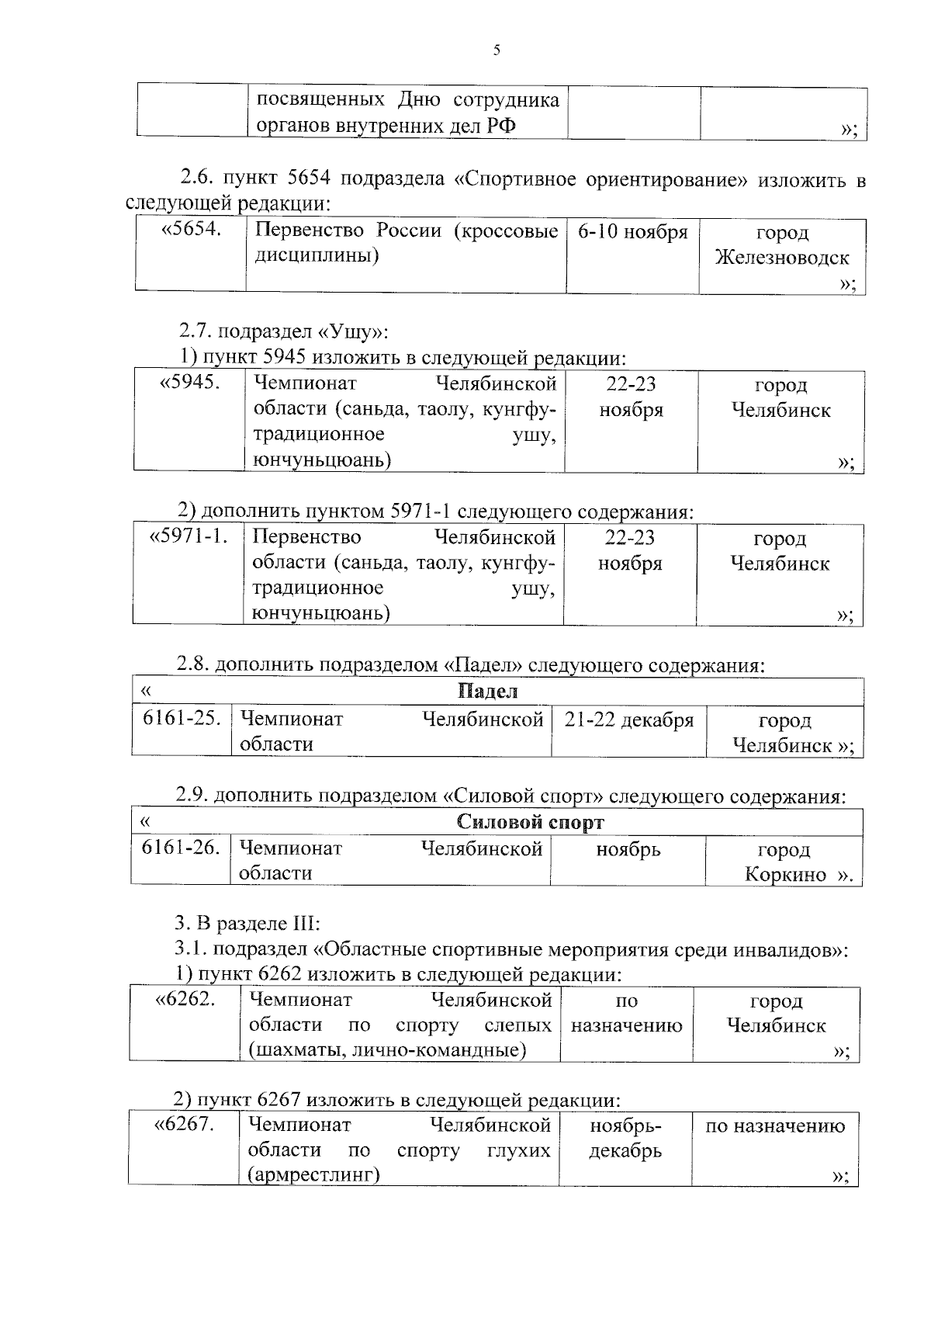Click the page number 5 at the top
[x=497, y=51]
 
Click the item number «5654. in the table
[x=191, y=230]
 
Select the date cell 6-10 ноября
[x=632, y=232]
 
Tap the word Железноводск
[x=781, y=258]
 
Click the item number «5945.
[x=189, y=383]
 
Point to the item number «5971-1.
[x=189, y=536]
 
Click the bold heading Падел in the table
[x=487, y=691]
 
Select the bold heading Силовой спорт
[x=531, y=822]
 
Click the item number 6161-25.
[x=182, y=719]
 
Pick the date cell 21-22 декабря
[x=628, y=720]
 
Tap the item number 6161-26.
[x=181, y=848]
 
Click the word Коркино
[x=785, y=875]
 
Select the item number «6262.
[x=185, y=999]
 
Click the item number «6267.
[x=185, y=1124]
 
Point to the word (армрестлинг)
[x=313, y=1175]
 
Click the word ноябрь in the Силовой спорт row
[x=628, y=849]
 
